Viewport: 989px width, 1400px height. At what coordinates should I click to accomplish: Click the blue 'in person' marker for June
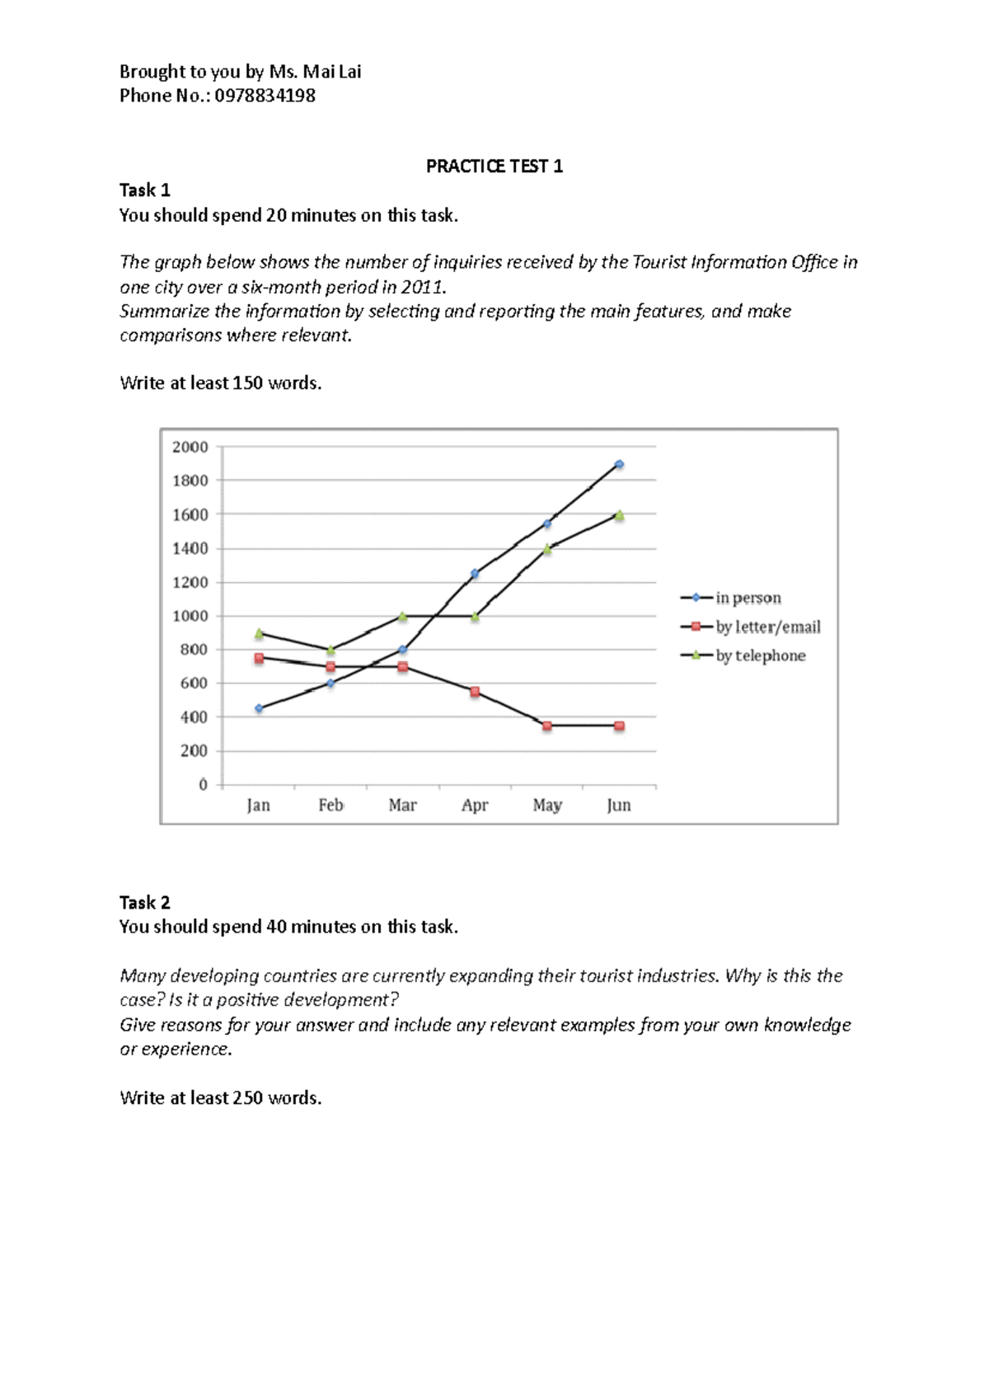tap(619, 464)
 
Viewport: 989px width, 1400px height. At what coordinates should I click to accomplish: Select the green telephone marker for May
tap(547, 548)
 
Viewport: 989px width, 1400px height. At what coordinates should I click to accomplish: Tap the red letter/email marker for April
tap(475, 692)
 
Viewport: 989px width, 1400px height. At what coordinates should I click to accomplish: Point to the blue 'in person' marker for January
tap(259, 708)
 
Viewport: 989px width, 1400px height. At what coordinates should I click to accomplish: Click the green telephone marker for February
tap(330, 651)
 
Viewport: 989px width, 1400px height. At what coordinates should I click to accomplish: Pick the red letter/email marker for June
tap(619, 726)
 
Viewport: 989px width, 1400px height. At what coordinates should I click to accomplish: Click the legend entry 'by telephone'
tap(759, 655)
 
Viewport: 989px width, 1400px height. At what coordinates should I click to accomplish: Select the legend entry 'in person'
tap(748, 598)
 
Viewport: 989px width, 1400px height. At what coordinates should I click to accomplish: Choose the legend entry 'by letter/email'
tap(766, 627)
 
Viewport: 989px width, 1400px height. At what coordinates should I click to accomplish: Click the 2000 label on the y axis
tap(190, 447)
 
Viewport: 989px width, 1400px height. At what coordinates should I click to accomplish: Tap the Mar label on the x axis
tap(402, 805)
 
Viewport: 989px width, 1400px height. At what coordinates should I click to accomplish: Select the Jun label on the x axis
tap(618, 805)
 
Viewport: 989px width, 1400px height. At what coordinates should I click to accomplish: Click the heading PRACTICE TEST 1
tap(494, 167)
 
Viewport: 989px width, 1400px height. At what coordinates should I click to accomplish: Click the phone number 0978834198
tap(265, 96)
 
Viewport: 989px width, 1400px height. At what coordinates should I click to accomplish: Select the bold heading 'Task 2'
tap(144, 902)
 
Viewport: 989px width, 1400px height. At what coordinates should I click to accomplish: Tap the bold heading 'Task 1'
tap(144, 190)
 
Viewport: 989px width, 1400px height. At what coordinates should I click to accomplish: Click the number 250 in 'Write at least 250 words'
tap(247, 1097)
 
